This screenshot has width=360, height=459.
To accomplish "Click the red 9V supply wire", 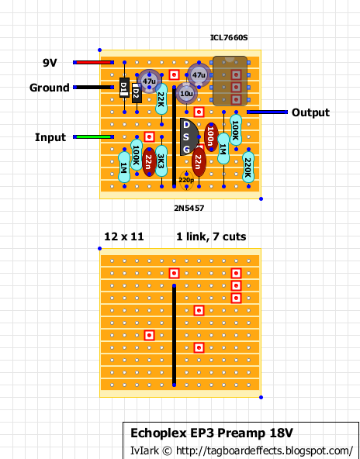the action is tap(93, 62).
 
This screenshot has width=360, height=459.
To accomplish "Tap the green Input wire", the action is tap(93, 136).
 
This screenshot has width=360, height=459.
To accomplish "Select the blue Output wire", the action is tap(267, 112).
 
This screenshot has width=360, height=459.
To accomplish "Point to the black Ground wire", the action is tap(93, 88).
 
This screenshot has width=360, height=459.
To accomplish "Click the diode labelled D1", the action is tap(124, 88).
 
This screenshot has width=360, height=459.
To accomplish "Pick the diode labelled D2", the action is tap(137, 93).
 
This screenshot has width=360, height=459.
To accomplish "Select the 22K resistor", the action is tap(161, 99).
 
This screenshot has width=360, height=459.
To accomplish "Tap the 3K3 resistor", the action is tap(161, 161).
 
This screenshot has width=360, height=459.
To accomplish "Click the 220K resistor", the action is tap(248, 167).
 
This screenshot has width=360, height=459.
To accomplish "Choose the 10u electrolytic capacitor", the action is tap(186, 94).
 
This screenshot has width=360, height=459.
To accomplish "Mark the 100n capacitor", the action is tap(211, 137).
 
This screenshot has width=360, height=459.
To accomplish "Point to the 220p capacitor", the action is tap(186, 180).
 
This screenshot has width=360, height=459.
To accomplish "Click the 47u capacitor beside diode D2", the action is tap(149, 81).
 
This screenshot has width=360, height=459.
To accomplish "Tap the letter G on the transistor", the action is tap(186, 150).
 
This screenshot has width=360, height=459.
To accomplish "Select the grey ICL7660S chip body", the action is tap(230, 81).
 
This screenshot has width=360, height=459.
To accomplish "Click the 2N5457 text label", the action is tap(189, 208).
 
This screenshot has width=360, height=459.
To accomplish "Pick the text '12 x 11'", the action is tap(124, 236).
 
